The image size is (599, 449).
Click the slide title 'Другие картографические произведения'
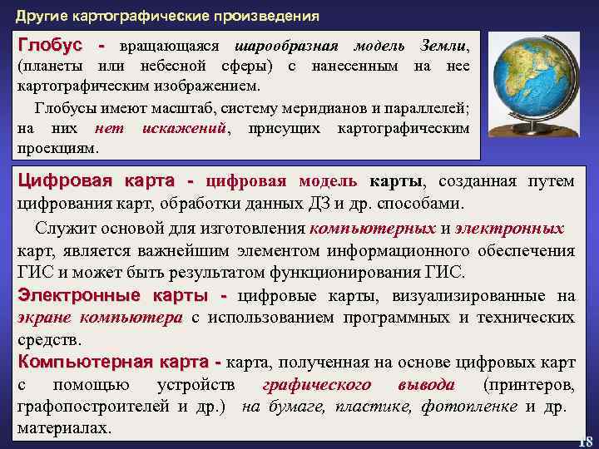pyautogui.click(x=167, y=16)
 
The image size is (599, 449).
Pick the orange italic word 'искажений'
pyautogui.click(x=185, y=128)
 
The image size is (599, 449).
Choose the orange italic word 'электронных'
pyautogui.click(x=510, y=229)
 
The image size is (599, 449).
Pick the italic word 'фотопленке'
pyautogui.click(x=469, y=407)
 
